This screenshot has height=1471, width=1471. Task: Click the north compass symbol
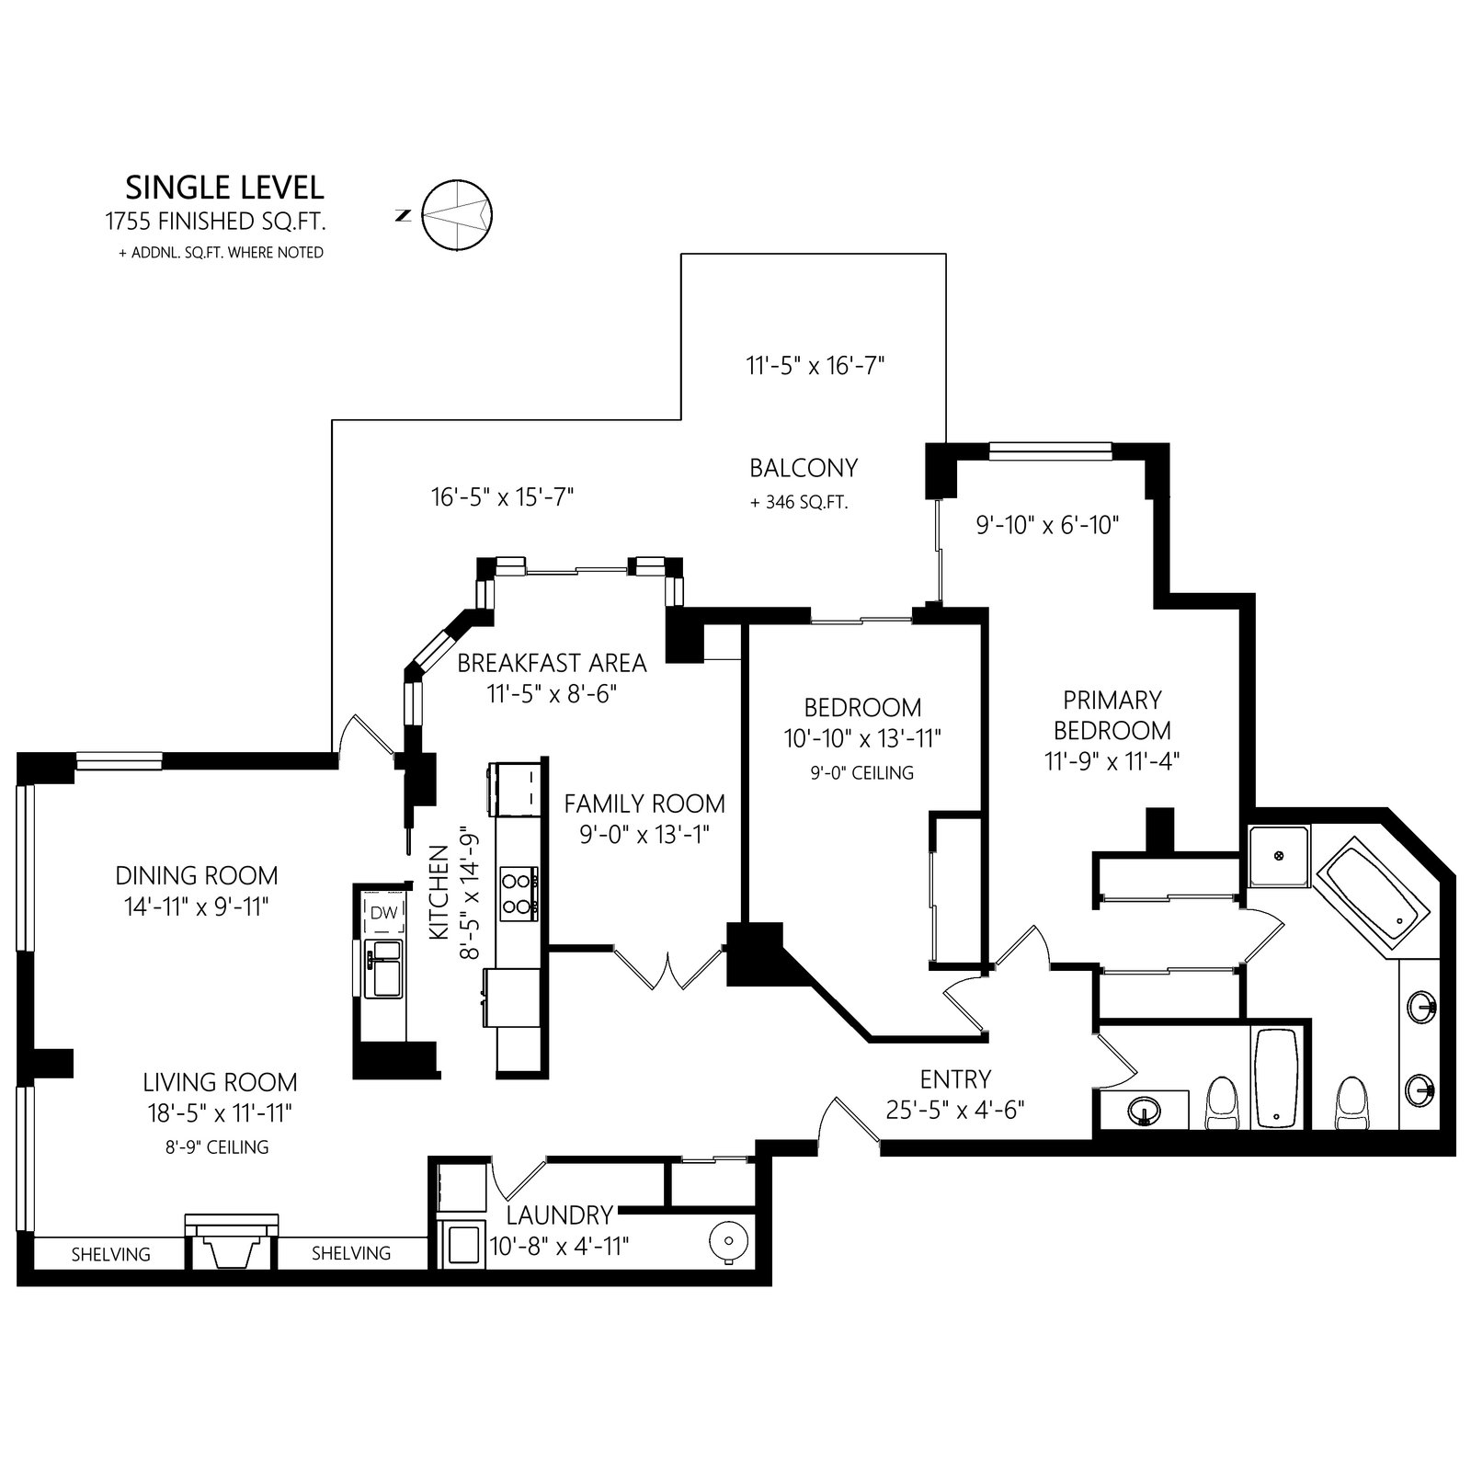pyautogui.click(x=457, y=214)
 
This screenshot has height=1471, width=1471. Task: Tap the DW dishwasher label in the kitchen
pyautogui.click(x=383, y=913)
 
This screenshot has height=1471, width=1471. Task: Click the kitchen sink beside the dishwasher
pyautogui.click(x=383, y=968)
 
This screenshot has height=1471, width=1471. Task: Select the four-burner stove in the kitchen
pyautogui.click(x=519, y=894)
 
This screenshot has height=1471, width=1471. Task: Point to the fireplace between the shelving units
pyautogui.click(x=231, y=1240)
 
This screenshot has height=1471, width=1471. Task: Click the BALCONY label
pyautogui.click(x=804, y=468)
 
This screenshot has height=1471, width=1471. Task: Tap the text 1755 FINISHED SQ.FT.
pyautogui.click(x=216, y=222)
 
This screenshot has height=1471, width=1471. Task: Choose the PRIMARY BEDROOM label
pyautogui.click(x=1112, y=715)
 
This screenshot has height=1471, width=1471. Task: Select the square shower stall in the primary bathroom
pyautogui.click(x=1279, y=855)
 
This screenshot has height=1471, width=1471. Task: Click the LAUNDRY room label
pyautogui.click(x=559, y=1215)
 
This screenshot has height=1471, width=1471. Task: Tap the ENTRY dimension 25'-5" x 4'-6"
pyautogui.click(x=955, y=1110)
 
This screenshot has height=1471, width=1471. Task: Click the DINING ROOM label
pyautogui.click(x=197, y=875)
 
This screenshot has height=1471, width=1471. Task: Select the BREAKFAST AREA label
pyautogui.click(x=552, y=663)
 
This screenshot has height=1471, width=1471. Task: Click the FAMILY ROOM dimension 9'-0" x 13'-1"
pyautogui.click(x=644, y=835)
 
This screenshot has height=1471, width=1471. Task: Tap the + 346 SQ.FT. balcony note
pyautogui.click(x=799, y=503)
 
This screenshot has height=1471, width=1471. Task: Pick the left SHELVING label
pyautogui.click(x=111, y=1253)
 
